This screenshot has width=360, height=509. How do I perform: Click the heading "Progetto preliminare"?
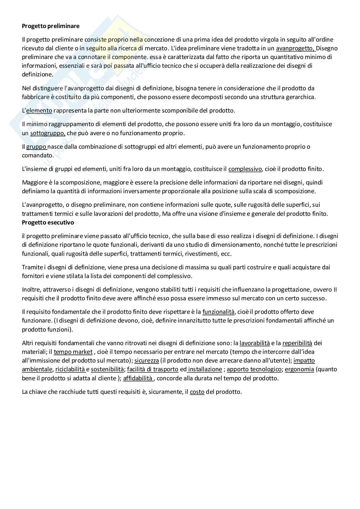click(x=50, y=26)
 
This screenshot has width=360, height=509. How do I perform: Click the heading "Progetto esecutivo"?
click(x=48, y=223)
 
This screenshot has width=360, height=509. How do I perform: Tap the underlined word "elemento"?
click(x=39, y=111)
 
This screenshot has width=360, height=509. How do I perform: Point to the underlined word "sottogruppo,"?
click(x=48, y=133)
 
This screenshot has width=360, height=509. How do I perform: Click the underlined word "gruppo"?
click(x=36, y=146)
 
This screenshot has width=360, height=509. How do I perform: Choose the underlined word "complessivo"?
click(x=245, y=169)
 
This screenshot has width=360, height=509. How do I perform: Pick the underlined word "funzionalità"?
click(x=218, y=312)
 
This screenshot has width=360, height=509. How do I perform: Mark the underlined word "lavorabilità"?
click(x=255, y=343)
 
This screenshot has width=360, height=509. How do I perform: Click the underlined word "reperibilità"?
click(x=297, y=343)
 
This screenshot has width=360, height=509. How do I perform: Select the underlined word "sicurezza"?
click(x=146, y=360)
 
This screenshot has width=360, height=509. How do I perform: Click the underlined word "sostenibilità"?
click(x=107, y=369)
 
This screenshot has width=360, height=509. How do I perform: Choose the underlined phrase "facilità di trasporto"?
click(x=153, y=369)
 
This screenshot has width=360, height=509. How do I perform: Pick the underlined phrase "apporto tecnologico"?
click(x=254, y=369)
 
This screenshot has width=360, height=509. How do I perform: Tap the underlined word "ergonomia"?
click(x=299, y=369)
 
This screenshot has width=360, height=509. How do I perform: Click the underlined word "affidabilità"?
click(x=138, y=378)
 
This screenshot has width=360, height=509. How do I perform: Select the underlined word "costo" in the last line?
click(x=197, y=392)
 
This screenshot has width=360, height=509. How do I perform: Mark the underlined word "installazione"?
click(x=205, y=369)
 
